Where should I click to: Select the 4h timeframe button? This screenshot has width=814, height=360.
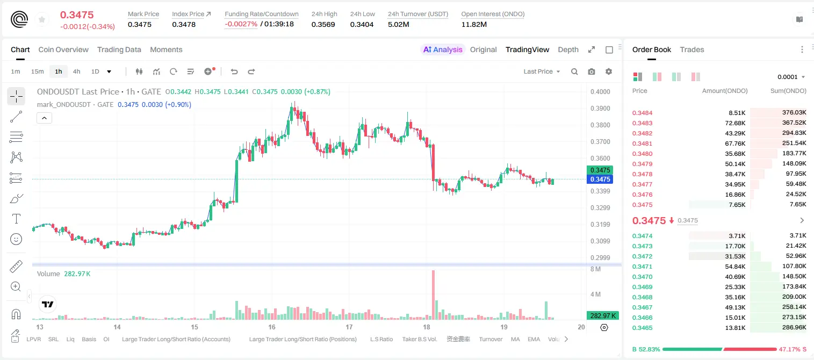point(76,71)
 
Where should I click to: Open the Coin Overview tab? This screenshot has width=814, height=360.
point(63,50)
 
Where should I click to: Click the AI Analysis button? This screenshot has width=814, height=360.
point(443,50)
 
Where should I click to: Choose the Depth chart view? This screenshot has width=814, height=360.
point(568,50)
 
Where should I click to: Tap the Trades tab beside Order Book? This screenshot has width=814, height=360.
point(692,50)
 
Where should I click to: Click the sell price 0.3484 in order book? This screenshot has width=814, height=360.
point(642,113)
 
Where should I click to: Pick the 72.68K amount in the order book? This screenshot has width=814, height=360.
point(735,123)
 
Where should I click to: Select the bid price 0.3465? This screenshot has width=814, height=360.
point(642,328)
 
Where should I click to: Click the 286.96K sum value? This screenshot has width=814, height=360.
point(794,327)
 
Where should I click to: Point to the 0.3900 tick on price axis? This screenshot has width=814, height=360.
point(600,108)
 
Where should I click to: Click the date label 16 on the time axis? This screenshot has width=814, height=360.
point(272,327)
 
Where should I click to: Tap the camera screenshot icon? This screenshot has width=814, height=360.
point(592,71)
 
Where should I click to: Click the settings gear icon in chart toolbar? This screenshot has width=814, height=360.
point(609,71)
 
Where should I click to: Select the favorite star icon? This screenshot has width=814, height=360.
point(42,20)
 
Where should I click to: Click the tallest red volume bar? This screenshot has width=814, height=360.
point(433,295)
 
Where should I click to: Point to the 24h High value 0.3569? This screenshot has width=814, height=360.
point(323,24)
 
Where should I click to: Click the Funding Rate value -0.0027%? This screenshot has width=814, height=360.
point(241,24)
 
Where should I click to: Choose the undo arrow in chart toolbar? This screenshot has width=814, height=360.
point(234,71)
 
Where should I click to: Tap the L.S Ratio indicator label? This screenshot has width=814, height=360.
point(381,339)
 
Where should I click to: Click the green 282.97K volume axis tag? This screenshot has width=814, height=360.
point(602,316)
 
